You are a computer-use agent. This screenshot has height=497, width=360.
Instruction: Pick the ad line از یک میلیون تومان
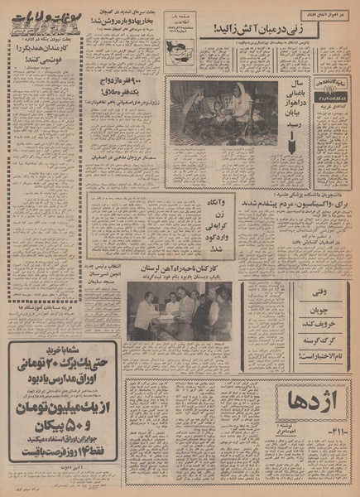(x=56, y=409)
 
